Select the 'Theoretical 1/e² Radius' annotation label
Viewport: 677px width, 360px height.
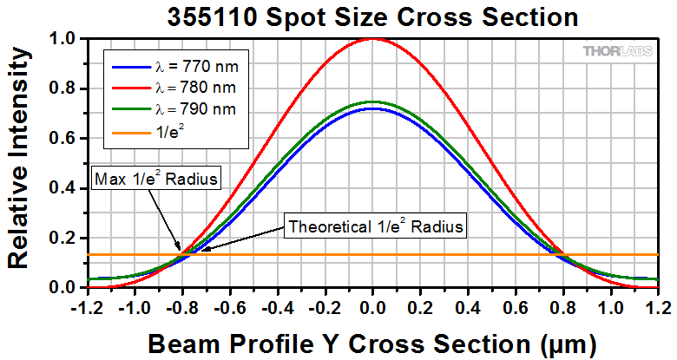coord(376,227)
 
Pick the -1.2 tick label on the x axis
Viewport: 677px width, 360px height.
coord(87,305)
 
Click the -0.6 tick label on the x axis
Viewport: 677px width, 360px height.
coord(229,305)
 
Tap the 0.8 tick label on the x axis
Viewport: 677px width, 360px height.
coord(563,305)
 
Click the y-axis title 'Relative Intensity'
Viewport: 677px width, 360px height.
coord(21,163)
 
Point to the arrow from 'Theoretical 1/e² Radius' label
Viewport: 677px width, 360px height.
coord(244,240)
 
